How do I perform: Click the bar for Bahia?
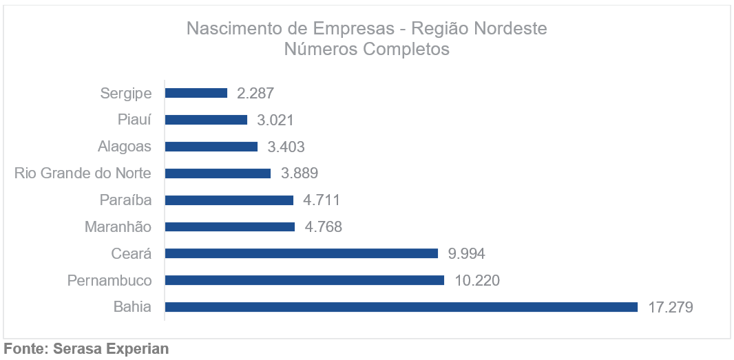401,307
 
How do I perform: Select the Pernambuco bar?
304,280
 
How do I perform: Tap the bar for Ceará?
302,253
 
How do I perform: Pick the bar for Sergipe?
196,93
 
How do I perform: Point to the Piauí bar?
206,120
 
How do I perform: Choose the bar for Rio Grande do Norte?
218,173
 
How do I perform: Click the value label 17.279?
670,307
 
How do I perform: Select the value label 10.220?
476,280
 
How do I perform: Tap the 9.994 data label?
466,253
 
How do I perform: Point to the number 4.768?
323,226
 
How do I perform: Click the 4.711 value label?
322,200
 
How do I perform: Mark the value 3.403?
286,147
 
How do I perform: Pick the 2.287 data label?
255,93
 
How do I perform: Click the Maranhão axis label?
118,226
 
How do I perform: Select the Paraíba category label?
126,200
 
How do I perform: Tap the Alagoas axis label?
125,147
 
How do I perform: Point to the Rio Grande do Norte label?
83,173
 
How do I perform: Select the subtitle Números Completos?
366,50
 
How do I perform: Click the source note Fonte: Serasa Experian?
86,349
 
